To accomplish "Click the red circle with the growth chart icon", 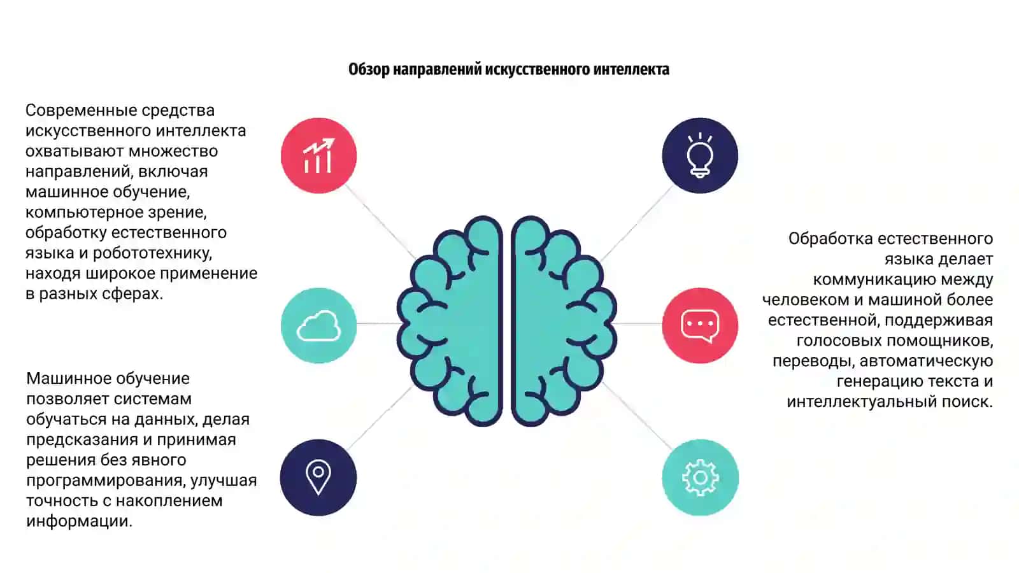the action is (318, 155).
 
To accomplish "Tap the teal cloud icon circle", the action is (318, 325).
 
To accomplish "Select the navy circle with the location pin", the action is (318, 478).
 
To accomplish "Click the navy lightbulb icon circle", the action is (700, 155).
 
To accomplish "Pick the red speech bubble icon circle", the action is (700, 325).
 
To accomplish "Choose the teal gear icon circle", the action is (700, 478).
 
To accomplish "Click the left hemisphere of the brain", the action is (450, 321).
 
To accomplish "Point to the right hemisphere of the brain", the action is (564, 321).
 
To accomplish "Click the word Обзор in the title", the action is (369, 69).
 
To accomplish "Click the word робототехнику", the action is (152, 253).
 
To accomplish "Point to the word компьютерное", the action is (83, 213).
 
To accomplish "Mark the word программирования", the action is (106, 481).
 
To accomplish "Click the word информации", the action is (79, 521).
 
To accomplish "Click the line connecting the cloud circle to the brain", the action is (378, 323).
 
